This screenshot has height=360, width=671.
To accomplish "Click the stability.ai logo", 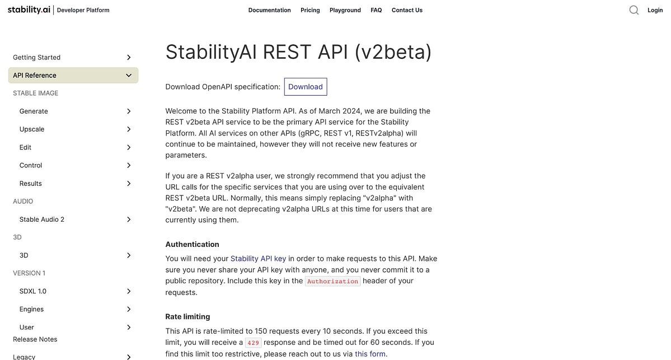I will click(29, 10).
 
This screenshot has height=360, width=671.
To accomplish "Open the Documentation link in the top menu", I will click(269, 10).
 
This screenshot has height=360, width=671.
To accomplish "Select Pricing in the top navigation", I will click(310, 10).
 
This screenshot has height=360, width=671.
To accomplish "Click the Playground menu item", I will click(345, 10).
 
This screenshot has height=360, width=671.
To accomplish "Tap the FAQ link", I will click(376, 10).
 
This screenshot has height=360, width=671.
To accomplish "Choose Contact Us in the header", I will click(407, 10).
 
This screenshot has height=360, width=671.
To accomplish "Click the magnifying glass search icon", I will click(634, 10).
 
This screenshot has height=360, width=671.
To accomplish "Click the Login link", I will click(655, 10).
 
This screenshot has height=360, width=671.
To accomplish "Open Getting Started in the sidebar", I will click(36, 57).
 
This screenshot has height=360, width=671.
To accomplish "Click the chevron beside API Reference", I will click(129, 75).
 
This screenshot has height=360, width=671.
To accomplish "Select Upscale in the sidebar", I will click(32, 129).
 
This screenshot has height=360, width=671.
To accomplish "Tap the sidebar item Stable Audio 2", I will click(42, 219).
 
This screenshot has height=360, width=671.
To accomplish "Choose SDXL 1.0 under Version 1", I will click(33, 291).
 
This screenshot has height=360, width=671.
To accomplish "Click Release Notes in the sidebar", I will click(35, 339).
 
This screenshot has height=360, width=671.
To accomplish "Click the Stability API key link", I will click(258, 259).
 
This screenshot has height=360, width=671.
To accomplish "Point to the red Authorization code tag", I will click(332, 281).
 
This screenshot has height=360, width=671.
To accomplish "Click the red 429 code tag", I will click(253, 343).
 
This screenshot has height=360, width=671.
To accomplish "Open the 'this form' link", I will click(370, 354).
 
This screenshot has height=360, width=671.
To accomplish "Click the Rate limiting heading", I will click(187, 317).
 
